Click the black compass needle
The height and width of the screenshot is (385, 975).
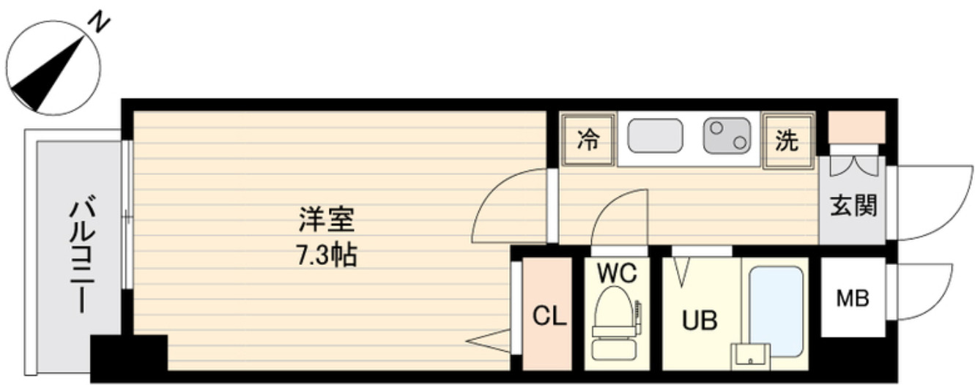[x=50, y=74]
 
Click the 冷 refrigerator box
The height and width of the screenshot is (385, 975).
[x=587, y=140]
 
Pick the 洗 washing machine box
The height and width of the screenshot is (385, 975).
[x=787, y=141]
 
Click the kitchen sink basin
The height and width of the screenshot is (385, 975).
[x=655, y=136]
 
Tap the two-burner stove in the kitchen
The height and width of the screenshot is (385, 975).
[x=727, y=136]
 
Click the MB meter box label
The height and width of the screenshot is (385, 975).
[x=853, y=298]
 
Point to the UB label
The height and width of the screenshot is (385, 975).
[x=700, y=321]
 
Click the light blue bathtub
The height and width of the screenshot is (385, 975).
[x=776, y=308]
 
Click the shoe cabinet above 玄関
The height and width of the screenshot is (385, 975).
[x=856, y=127]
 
